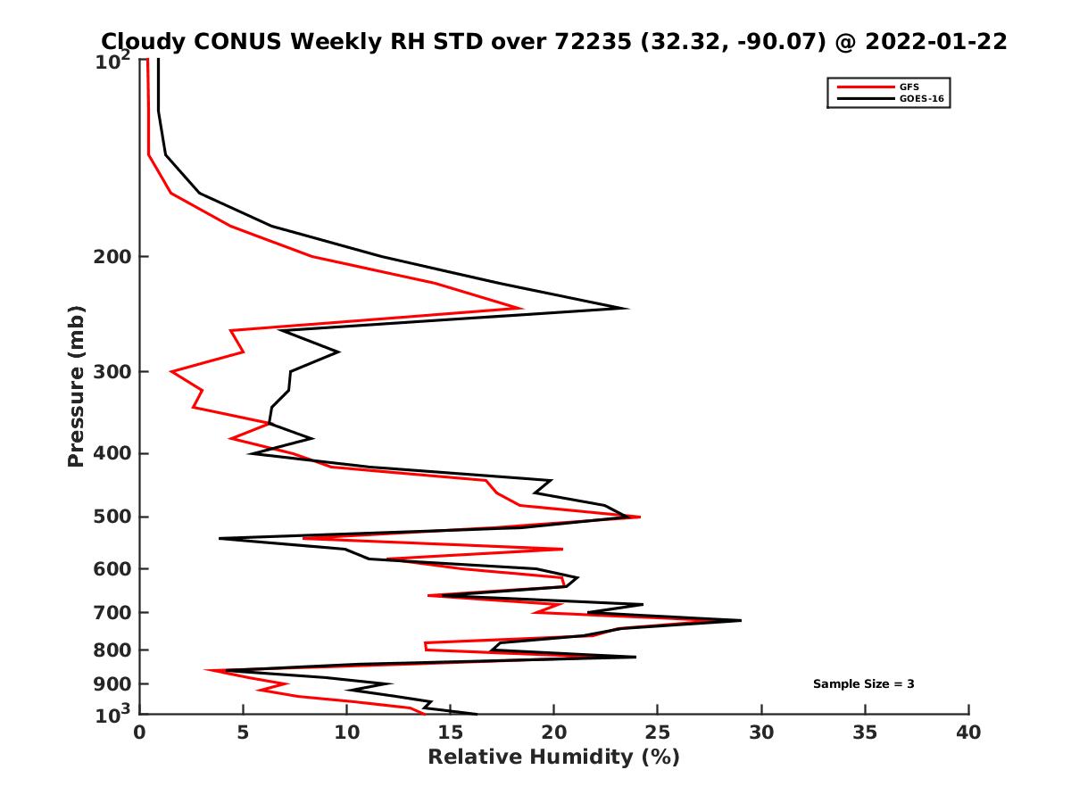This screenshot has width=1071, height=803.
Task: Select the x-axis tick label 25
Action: click(658, 733)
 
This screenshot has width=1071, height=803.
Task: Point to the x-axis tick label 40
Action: click(968, 733)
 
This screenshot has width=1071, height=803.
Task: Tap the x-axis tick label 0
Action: click(140, 733)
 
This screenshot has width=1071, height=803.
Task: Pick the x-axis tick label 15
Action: click(451, 733)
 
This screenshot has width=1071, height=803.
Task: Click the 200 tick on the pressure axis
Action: click(109, 257)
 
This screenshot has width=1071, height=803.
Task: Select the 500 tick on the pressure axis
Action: click(109, 517)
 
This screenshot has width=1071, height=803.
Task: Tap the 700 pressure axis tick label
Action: click(109, 612)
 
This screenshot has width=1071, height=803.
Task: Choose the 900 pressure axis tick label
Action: click(109, 684)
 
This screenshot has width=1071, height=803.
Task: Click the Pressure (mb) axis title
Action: click(76, 385)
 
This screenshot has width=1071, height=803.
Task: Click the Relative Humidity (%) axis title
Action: click(553, 757)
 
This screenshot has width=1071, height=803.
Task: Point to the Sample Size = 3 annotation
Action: click(863, 684)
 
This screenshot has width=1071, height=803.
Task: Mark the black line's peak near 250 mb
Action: click(627, 309)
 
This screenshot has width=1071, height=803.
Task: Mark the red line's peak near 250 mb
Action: click(522, 309)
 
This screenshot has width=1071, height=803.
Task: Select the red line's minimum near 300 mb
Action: click(171, 371)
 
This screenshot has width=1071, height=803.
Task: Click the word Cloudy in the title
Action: click(145, 41)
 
